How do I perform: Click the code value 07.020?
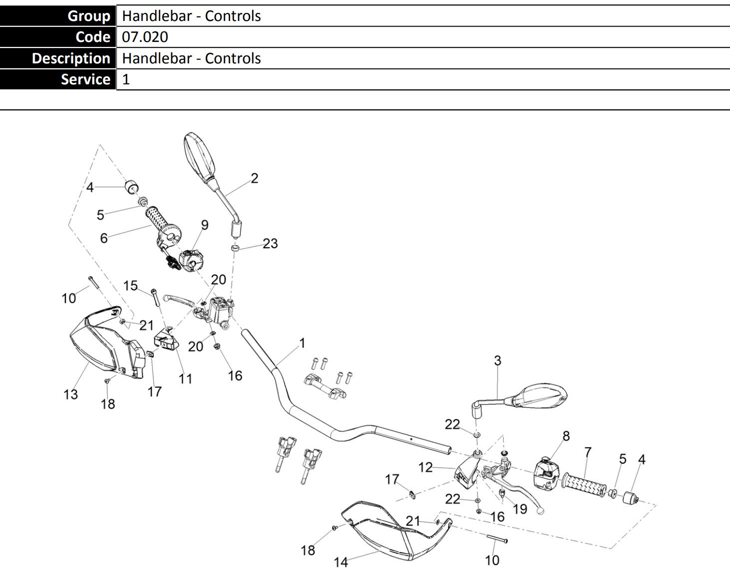pos(145,37)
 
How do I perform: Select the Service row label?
pos(85,79)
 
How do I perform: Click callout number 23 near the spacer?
pos(270,244)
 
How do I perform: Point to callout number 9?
pos(205,225)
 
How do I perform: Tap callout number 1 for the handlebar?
pos(302,343)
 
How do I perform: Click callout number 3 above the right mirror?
pos(497,360)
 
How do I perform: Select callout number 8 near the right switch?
pos(566,436)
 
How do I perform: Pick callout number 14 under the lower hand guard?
pos(341,562)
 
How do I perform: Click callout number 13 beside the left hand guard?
pos(71,394)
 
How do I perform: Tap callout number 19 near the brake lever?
pos(520,509)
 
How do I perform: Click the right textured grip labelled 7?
pos(584,483)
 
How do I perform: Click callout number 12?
pos(425,467)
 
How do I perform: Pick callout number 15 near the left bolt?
pos(130,286)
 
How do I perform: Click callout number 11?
pos(185,379)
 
